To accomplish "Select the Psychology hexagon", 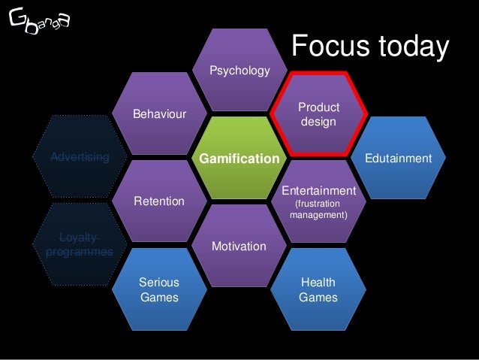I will point(239,71).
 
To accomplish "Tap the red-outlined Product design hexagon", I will point(319,114).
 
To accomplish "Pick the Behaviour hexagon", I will point(158,114).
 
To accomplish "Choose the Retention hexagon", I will point(158,201).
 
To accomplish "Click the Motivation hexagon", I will point(239,246).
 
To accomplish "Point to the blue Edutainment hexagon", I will point(399,159).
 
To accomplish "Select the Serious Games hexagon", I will point(158,289).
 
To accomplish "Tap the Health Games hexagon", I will point(318,289).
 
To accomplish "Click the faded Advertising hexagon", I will point(79,158).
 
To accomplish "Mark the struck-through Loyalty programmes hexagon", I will point(79,245).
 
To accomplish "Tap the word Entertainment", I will point(318,191).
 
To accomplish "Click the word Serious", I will point(159,283).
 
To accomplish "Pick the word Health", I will point(318,283).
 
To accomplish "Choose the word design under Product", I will point(319,121).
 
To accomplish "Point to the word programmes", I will point(79,252).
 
